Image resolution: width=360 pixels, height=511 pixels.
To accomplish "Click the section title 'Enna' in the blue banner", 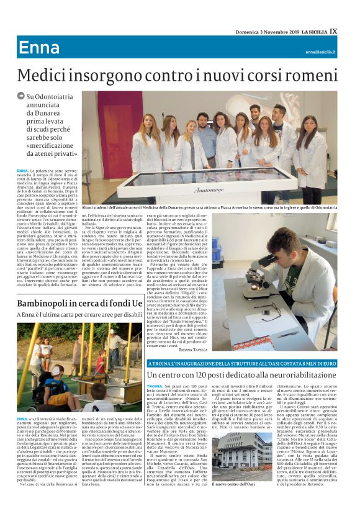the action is point(39,48).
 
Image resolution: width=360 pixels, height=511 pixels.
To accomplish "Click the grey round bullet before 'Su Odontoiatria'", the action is point(21,96).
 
